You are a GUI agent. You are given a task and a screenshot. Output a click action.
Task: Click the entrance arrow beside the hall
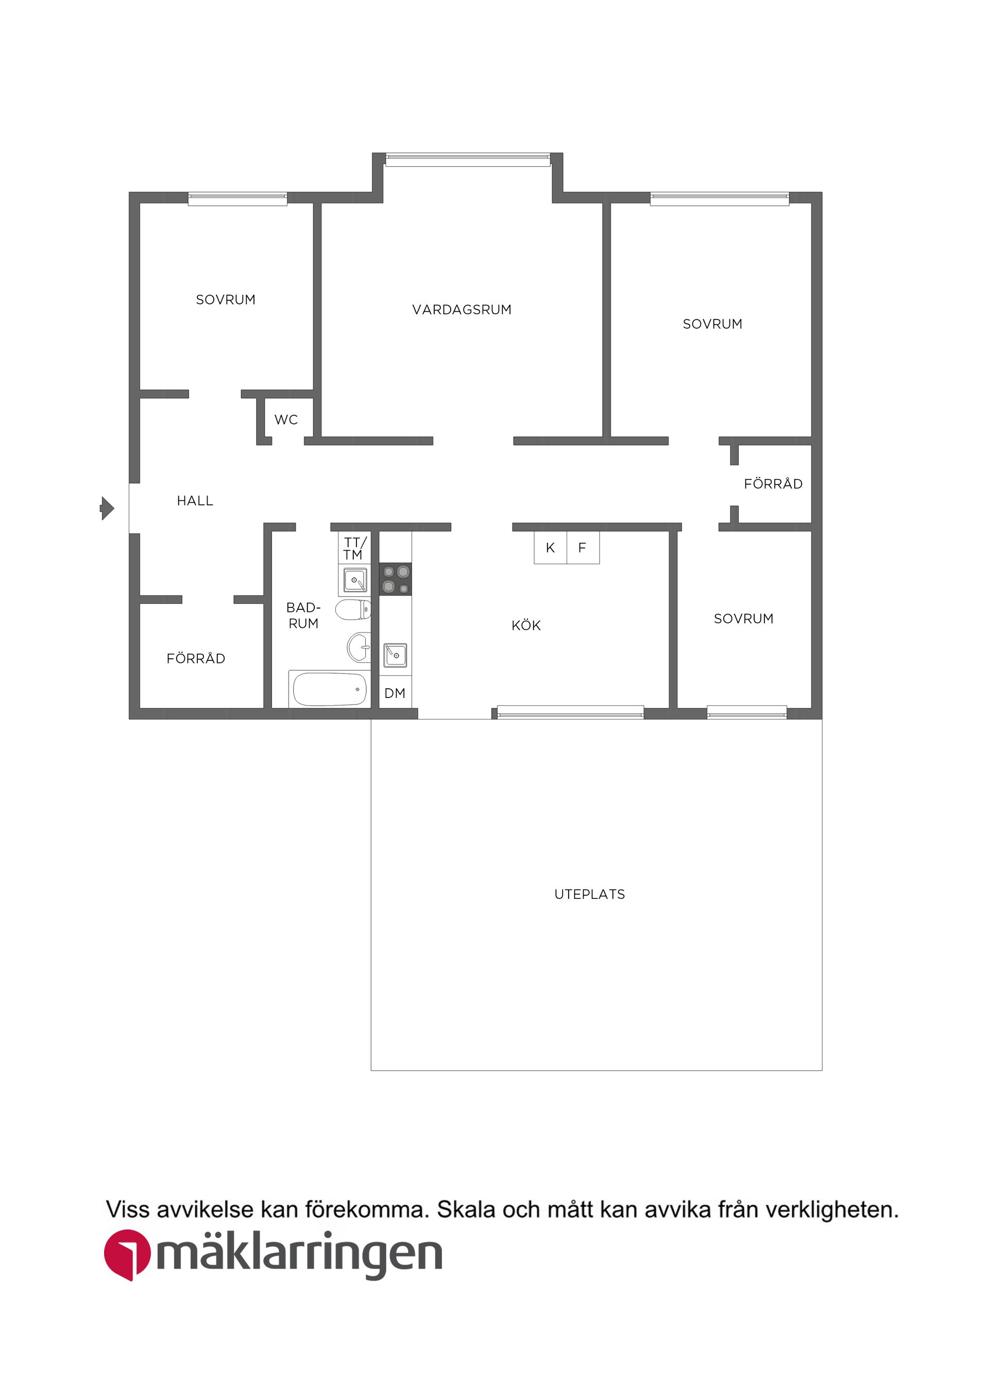pos(107,508)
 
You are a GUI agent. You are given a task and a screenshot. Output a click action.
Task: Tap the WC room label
pos(286,420)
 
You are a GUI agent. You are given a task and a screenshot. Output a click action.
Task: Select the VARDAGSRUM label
pos(462,310)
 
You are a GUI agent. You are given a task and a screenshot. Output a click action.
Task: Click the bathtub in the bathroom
pos(330,689)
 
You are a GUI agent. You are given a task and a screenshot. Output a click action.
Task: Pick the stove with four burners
pos(396,579)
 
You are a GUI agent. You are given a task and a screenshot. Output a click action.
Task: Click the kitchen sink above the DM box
pos(395,656)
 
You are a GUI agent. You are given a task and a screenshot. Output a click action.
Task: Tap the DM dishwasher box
pos(395,693)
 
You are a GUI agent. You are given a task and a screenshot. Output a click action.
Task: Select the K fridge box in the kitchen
pos(550,548)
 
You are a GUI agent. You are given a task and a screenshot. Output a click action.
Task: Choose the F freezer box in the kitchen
pos(583,548)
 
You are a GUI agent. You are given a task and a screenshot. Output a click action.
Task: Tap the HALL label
pos(195,501)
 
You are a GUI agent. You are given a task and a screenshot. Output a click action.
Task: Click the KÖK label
pos(526,626)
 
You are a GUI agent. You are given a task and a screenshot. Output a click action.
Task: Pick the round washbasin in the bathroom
pos(359,647)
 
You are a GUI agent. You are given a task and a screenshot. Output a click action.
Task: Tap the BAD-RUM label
pos(303,616)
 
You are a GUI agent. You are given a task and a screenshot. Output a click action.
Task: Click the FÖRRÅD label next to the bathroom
pos(196,659)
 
